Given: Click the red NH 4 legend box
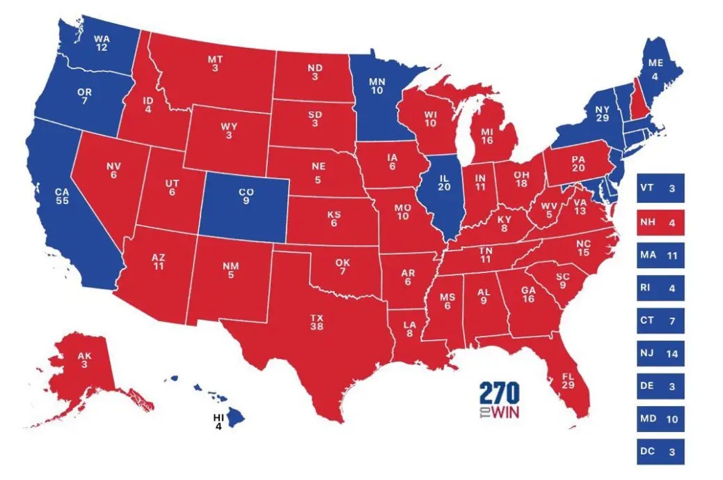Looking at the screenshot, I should (x=660, y=222).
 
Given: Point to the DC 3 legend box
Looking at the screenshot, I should (x=660, y=451).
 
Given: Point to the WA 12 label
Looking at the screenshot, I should (x=101, y=42).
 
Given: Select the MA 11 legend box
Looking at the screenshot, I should (x=660, y=255).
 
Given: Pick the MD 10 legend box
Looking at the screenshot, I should (x=660, y=419).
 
